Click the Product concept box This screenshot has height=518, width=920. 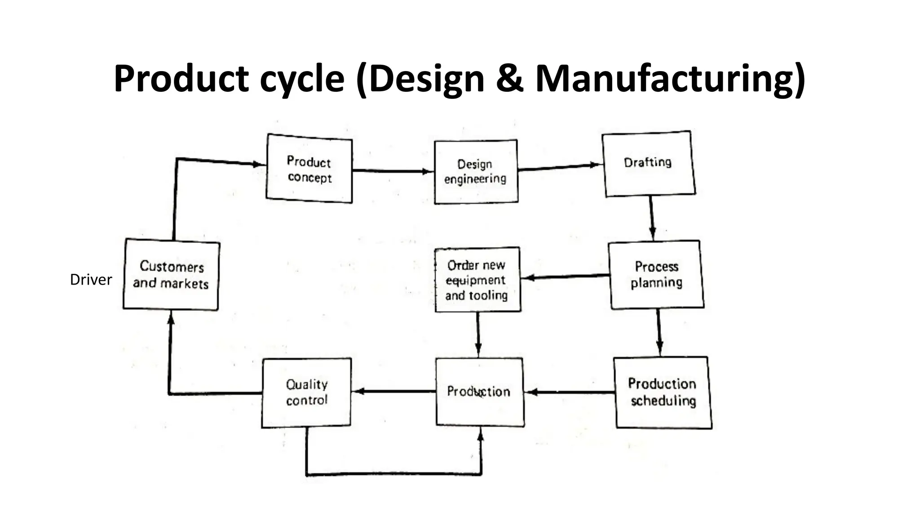click(x=309, y=169)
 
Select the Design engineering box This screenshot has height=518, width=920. click(x=476, y=172)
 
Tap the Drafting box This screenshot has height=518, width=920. click(x=648, y=163)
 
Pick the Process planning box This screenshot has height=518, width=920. click(x=656, y=275)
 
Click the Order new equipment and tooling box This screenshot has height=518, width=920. click(x=477, y=280)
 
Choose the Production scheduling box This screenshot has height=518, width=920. click(x=663, y=392)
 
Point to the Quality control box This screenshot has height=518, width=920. click(x=306, y=392)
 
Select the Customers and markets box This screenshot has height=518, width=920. click(x=171, y=275)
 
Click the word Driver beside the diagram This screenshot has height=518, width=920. click(x=91, y=280)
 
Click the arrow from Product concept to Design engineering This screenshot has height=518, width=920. click(x=393, y=171)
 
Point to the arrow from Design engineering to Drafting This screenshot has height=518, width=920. click(x=559, y=167)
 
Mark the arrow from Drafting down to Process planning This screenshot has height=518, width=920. click(x=651, y=218)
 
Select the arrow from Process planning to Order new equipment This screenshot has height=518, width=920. click(x=566, y=277)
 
